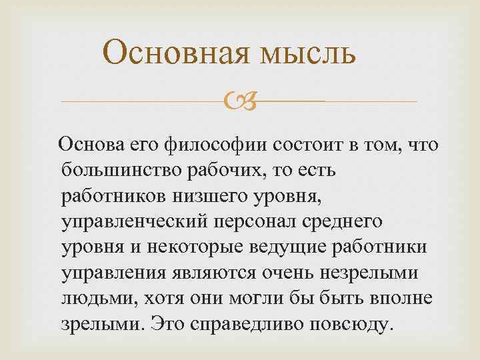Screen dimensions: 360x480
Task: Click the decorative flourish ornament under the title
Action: (x=239, y=102)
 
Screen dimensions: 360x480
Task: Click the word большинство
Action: (x=113, y=171)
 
